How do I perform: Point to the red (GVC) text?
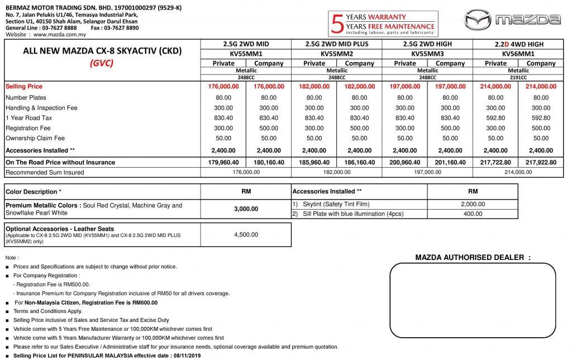pos(102,63)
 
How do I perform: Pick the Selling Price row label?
pos(23,87)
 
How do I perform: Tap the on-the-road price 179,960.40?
pos(223,162)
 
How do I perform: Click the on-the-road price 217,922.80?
pos(541,162)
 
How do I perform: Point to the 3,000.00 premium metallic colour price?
pos(245,209)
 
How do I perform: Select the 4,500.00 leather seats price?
pos(245,235)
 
